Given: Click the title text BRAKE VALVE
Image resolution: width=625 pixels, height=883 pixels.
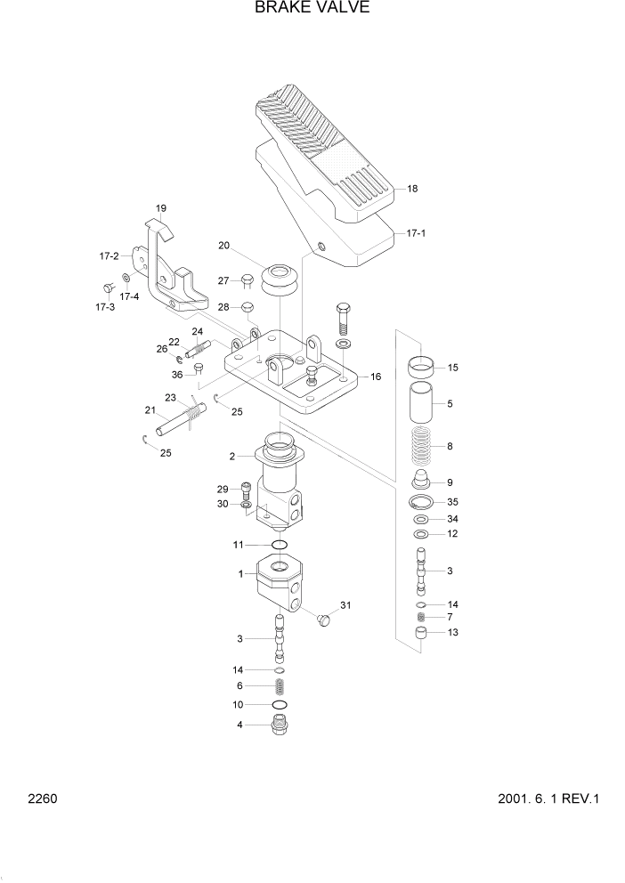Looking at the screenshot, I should pyautogui.click(x=312, y=9).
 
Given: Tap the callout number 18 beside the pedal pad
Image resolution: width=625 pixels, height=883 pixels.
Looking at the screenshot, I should pyautogui.click(x=412, y=189).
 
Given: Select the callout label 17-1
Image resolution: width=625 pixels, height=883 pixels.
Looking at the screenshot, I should pyautogui.click(x=417, y=233).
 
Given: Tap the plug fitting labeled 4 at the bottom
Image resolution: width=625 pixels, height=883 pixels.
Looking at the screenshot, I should pyautogui.click(x=281, y=725).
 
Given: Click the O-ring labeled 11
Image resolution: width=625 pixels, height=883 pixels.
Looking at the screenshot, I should pyautogui.click(x=280, y=544).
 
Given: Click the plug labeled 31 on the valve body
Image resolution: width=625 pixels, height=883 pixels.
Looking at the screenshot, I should pyautogui.click(x=324, y=616).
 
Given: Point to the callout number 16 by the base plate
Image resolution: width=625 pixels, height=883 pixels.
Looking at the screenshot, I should pyautogui.click(x=376, y=377).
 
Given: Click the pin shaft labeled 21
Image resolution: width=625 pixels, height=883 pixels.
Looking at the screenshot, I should pyautogui.click(x=173, y=423).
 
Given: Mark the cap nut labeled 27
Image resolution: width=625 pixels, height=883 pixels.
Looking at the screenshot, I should pyautogui.click(x=249, y=281).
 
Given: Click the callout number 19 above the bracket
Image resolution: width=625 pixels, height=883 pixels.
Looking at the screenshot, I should pyautogui.click(x=161, y=209).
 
